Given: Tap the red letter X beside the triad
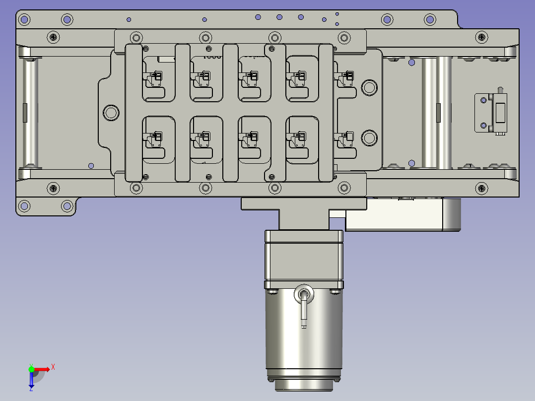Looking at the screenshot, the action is tap(53, 367).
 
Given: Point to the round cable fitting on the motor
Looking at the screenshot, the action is tap(304, 294).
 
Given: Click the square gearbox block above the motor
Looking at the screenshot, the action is tap(304, 260).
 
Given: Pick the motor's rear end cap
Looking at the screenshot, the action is tap(304, 384).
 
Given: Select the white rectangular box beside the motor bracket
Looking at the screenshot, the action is tap(402, 215).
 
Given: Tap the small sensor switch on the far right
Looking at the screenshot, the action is tap(491, 112).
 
